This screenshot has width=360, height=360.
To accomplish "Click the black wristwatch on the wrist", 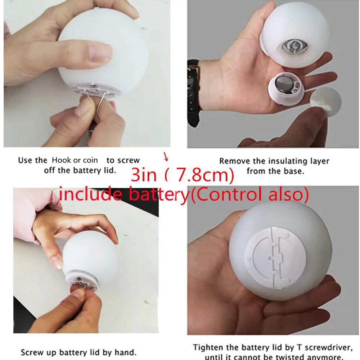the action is [193, 92].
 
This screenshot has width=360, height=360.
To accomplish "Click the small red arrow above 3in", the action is [166, 157].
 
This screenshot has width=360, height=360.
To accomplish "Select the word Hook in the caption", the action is [62, 160].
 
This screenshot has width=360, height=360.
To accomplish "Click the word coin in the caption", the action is [90, 160].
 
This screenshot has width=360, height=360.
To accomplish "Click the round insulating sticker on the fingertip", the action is [325, 102].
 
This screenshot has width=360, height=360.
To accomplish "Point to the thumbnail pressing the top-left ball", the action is [100, 53].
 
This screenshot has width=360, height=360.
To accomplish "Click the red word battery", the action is [159, 195].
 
